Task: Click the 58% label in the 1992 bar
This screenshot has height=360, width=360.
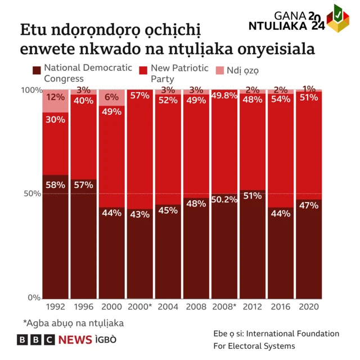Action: [56, 184]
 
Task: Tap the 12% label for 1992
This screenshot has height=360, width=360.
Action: [56, 97]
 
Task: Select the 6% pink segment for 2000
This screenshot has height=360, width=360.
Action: [112, 97]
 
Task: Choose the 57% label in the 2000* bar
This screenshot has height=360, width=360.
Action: [140, 96]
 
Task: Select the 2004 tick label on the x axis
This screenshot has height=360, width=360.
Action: [168, 307]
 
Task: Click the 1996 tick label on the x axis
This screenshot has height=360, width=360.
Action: [84, 307]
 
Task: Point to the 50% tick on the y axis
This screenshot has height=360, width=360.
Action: [31, 193]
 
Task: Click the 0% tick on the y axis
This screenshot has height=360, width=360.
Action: [34, 298]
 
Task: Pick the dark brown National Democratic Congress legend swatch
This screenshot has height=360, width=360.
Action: [37, 70]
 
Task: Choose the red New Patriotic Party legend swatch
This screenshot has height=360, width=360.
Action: [143, 70]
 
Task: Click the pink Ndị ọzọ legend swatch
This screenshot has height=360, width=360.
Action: [220, 70]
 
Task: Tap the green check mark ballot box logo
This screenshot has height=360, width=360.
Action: [337, 17]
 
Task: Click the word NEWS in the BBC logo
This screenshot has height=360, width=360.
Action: [75, 340]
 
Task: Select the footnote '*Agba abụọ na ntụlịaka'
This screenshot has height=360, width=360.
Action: [73, 323]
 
